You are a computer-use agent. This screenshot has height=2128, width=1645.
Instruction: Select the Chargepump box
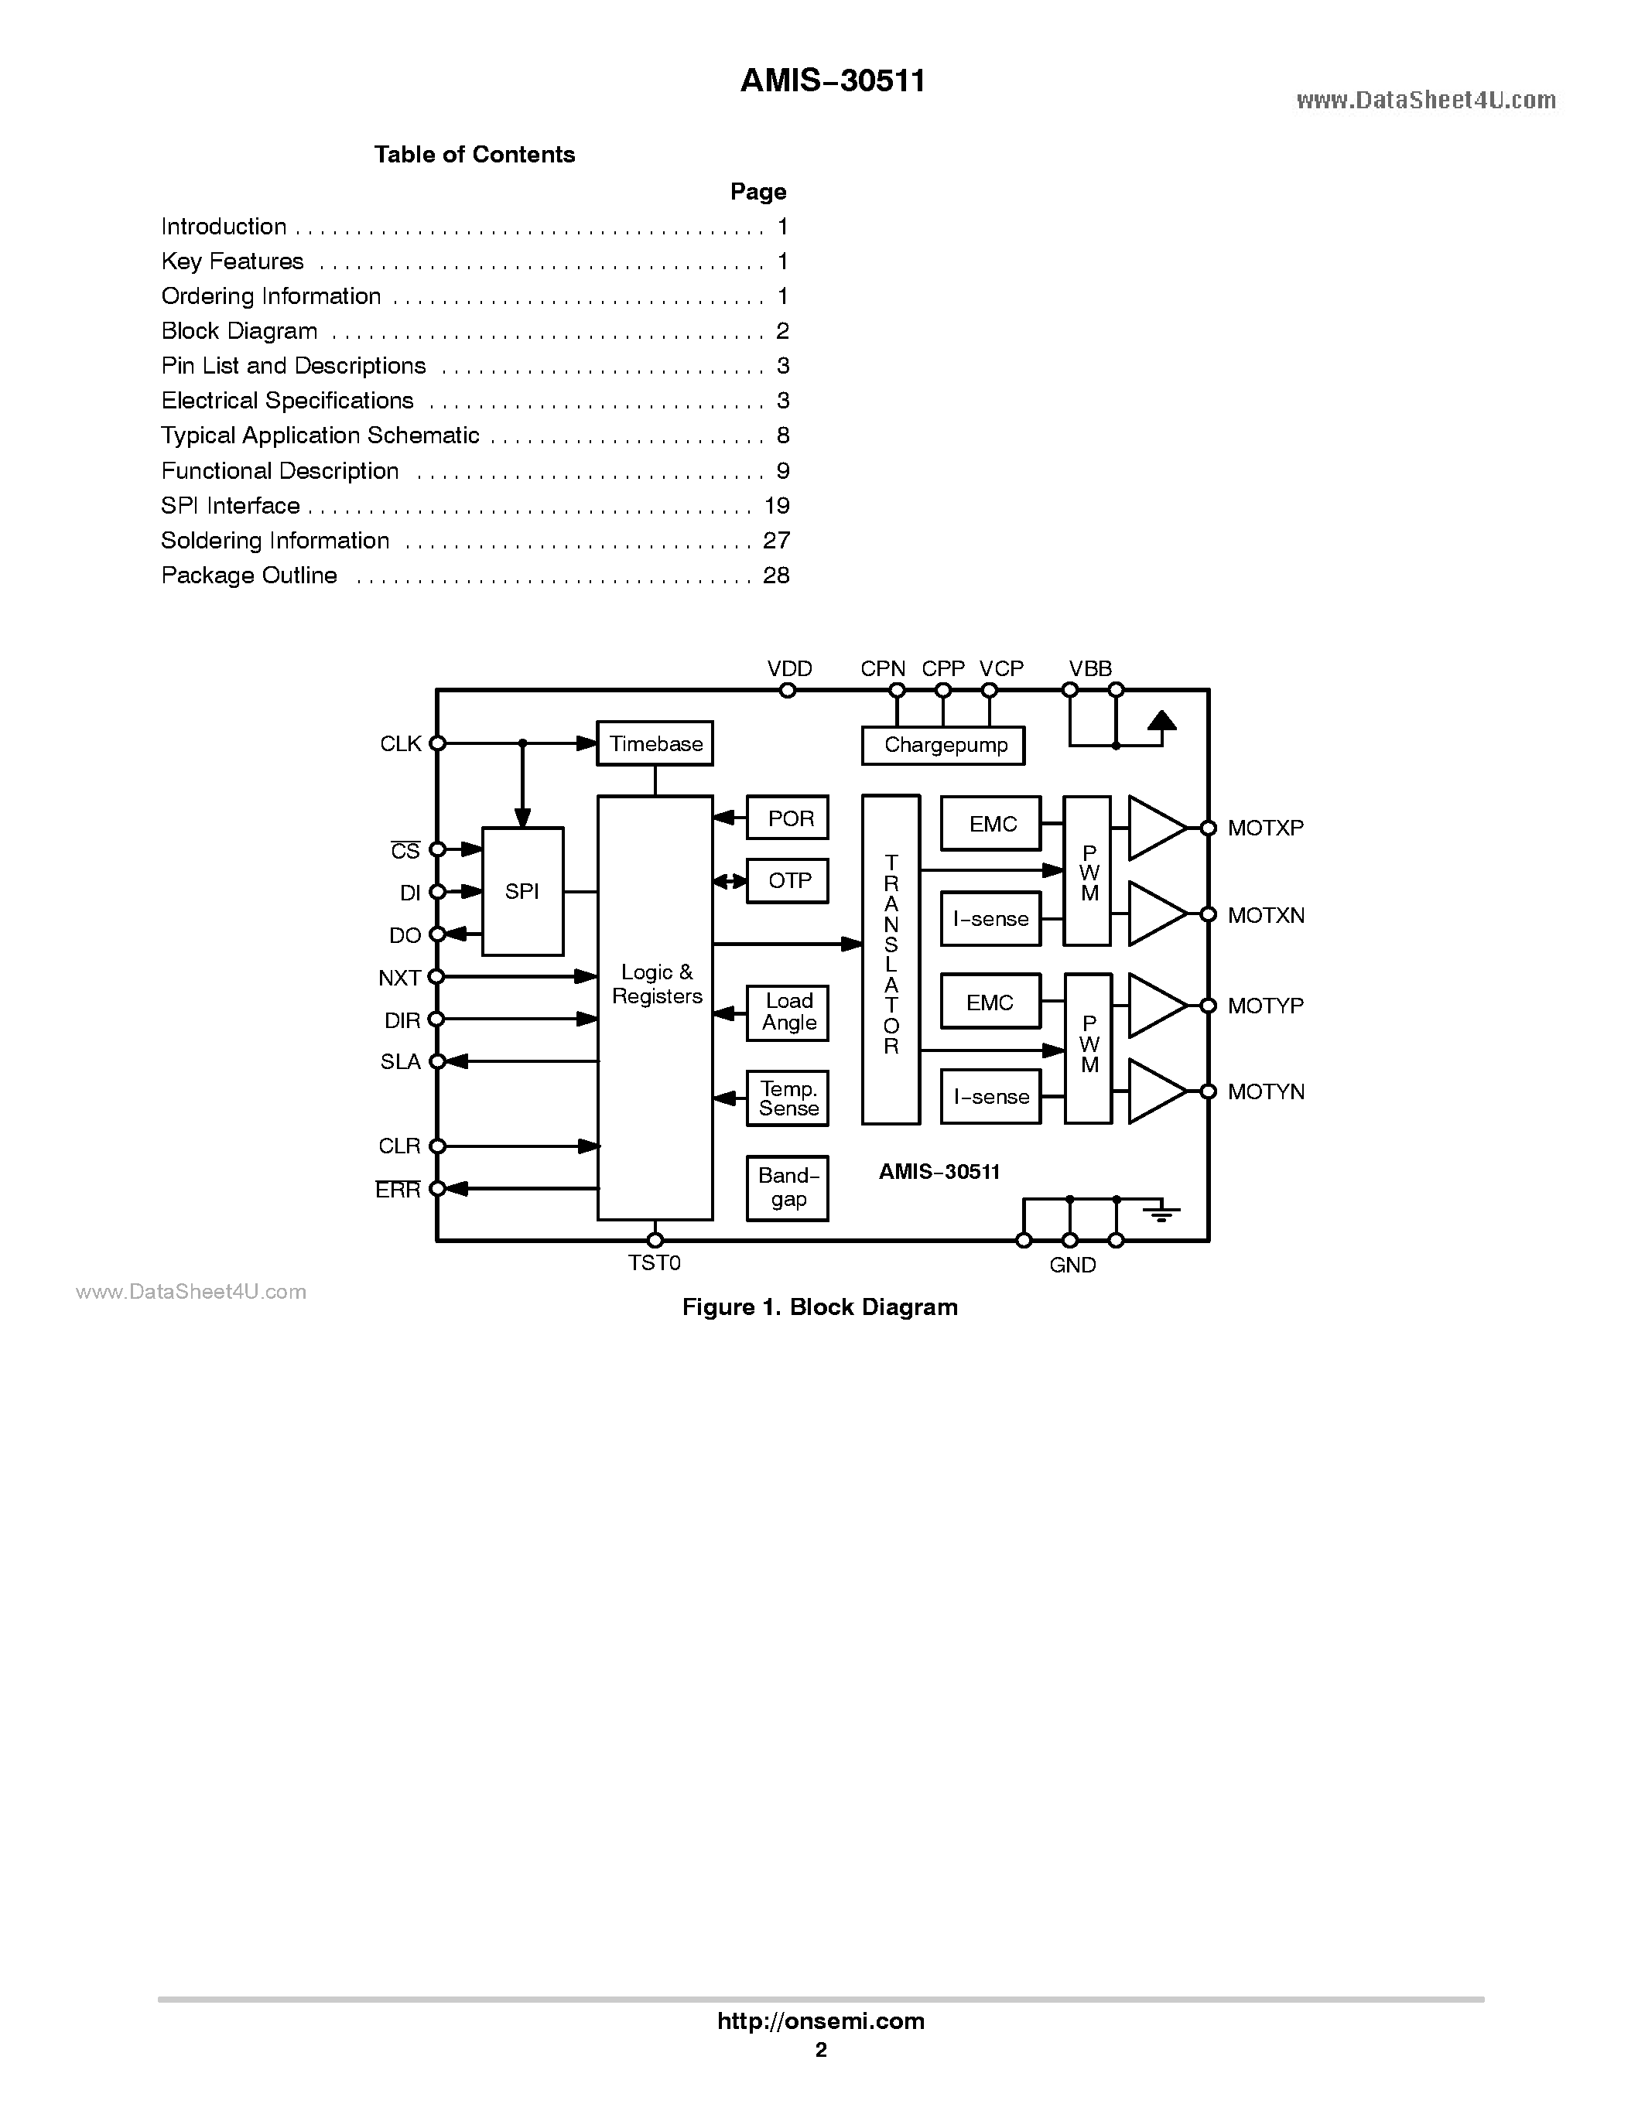943,746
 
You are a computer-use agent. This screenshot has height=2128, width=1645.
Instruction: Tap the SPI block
522,892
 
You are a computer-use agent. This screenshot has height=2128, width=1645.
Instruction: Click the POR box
788,818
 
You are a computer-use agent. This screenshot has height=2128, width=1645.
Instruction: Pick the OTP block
788,881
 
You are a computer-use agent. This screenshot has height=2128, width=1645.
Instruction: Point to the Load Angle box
788,1013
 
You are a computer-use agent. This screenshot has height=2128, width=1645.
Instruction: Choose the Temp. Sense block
788,1098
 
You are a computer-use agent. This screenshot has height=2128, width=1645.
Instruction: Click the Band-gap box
788,1187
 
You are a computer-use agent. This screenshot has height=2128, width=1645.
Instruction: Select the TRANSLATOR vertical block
891,958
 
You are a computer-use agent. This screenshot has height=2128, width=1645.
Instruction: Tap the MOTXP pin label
1265,828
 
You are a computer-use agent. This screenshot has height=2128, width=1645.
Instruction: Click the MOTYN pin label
1265,1092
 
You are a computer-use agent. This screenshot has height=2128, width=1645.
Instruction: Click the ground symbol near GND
1161,1213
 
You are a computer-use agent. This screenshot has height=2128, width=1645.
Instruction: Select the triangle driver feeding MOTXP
1156,828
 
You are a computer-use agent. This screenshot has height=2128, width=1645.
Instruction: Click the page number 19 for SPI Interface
777,506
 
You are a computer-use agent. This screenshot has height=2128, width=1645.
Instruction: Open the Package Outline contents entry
249,576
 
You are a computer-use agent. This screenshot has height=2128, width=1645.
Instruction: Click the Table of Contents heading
474,155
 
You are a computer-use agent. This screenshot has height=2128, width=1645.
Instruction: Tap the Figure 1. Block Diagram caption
819,1307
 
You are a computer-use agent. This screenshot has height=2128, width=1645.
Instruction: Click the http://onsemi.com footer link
820,2020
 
